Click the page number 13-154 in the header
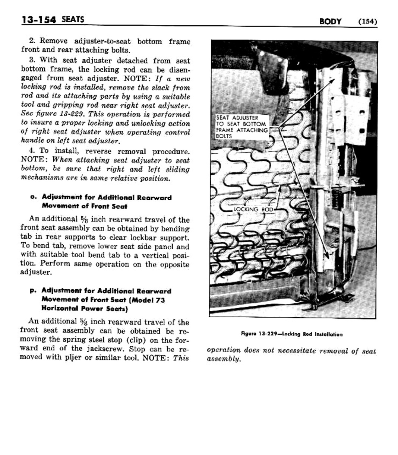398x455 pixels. [x=38, y=20]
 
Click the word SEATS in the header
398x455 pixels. [x=73, y=19]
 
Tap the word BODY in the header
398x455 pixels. [x=330, y=22]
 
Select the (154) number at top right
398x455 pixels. [x=367, y=22]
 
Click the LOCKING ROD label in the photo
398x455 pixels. [x=253, y=210]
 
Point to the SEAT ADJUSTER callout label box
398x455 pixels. [x=242, y=127]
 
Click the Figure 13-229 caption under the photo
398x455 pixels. [x=291, y=334]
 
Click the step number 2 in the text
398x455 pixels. [x=32, y=41]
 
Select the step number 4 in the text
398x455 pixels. [x=32, y=151]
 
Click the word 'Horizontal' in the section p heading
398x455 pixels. [x=60, y=309]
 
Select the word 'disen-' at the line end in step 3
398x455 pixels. [x=180, y=70]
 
